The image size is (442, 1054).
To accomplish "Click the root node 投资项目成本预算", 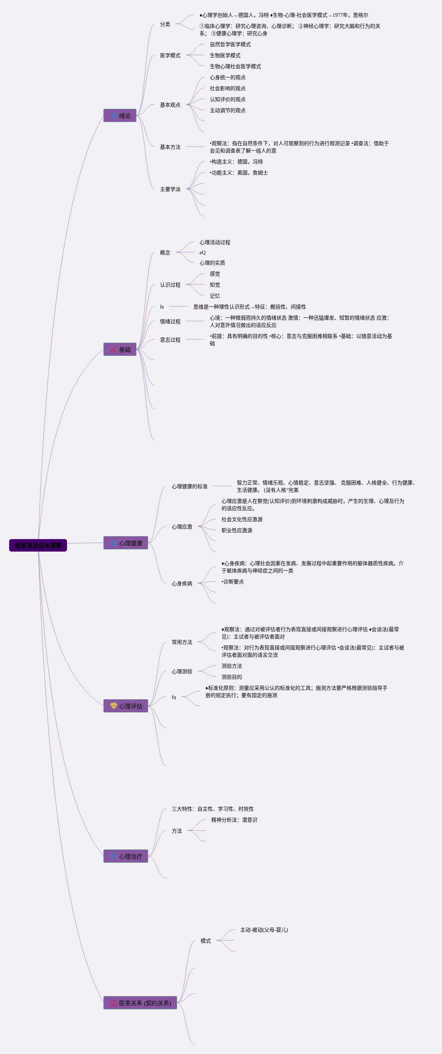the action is [38, 545].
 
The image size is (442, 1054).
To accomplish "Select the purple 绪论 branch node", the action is [120, 116].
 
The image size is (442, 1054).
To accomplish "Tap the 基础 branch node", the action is [120, 349].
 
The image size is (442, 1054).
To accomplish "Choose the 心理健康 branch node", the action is [126, 543].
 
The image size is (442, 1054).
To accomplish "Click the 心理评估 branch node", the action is [126, 706].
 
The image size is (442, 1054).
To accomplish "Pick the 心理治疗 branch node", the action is [126, 856].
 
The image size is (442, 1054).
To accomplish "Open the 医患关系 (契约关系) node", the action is [140, 1003].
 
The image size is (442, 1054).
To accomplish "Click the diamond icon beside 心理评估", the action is [114, 706].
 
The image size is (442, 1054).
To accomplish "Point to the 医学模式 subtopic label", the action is [170, 55].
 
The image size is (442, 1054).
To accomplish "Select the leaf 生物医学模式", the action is [225, 55].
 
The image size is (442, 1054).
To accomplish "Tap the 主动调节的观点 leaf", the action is [228, 110].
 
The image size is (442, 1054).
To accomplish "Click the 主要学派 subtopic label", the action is [170, 189].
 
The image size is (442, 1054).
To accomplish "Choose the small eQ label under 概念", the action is [203, 253].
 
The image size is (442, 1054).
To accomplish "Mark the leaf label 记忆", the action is [215, 296].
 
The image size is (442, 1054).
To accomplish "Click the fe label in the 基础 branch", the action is [162, 307].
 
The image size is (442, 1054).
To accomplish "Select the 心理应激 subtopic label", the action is [182, 527].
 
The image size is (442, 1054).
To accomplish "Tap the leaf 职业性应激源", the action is [237, 530].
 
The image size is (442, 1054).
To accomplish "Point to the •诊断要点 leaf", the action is [233, 581].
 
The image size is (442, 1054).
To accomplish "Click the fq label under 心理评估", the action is [174, 697].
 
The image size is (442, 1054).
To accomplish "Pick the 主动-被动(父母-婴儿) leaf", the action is [264, 930].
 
